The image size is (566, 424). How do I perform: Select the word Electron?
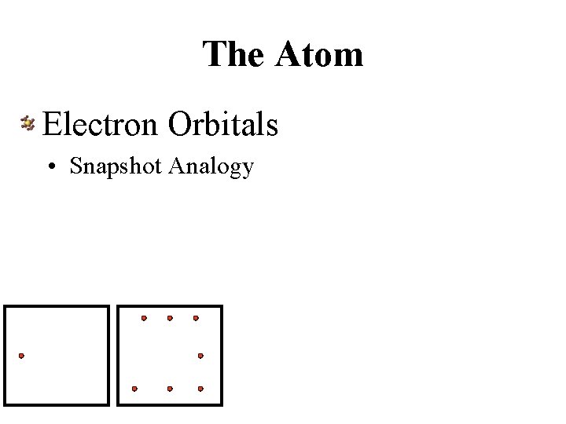point(102,123)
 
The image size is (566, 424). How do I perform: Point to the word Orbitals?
point(223,123)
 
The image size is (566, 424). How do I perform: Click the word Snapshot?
point(116,166)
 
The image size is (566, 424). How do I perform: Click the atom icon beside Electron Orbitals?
point(28,122)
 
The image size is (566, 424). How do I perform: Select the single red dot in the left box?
point(21,356)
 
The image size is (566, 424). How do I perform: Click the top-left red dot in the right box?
point(143,318)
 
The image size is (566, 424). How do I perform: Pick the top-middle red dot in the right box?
point(170,318)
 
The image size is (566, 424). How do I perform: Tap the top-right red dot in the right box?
point(196,318)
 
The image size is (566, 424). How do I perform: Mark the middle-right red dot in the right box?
point(200,356)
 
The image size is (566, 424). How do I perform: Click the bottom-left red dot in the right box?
point(134,389)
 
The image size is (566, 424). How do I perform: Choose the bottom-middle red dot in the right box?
point(170,389)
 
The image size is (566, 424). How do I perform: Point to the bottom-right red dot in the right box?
point(200,389)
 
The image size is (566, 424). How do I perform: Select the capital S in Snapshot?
point(75,166)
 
